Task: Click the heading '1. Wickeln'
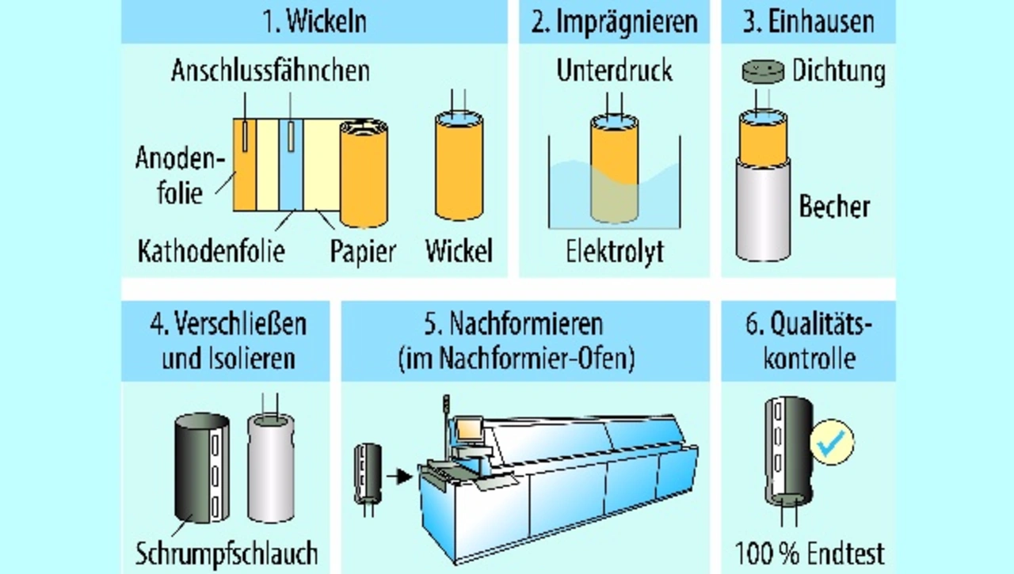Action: tap(314, 21)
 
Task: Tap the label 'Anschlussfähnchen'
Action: tap(270, 71)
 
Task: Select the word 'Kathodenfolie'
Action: tap(211, 251)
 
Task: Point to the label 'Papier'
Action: tap(363, 252)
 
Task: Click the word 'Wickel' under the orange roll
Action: tap(459, 251)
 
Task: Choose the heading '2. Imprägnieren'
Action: tap(614, 21)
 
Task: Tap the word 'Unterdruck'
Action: tap(614, 70)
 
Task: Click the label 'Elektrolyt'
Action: tap(615, 252)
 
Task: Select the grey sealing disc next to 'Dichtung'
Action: tap(763, 71)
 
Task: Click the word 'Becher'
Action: tap(834, 207)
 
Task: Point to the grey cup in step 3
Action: tap(763, 209)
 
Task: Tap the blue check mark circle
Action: tap(832, 443)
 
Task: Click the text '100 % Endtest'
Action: tap(810, 553)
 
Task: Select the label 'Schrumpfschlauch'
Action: tap(227, 553)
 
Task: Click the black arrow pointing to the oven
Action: tap(399, 477)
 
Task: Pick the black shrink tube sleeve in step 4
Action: tap(202, 468)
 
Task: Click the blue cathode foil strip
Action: tap(291, 165)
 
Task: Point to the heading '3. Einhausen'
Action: tap(809, 21)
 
